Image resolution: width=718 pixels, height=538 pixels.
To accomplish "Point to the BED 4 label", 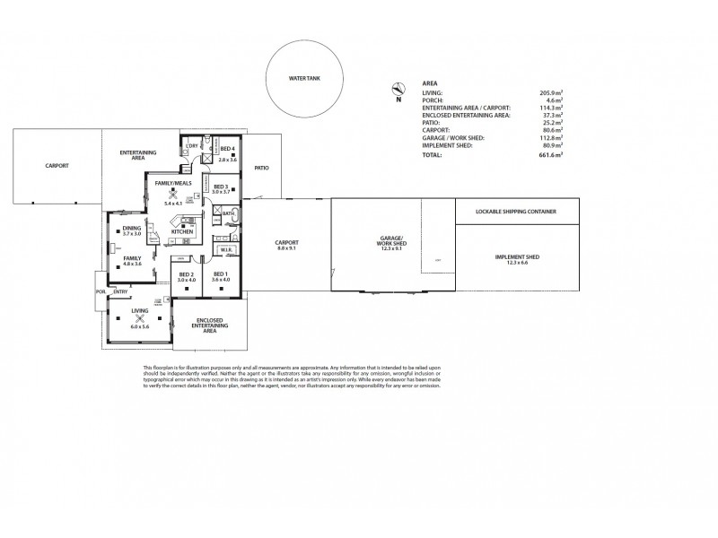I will coord(228,148).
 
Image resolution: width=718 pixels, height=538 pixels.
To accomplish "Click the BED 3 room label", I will coord(221,186).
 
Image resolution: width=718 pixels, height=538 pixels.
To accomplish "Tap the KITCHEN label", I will coord(182,231).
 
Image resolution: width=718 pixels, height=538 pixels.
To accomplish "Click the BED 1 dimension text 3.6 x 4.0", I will coord(221,280).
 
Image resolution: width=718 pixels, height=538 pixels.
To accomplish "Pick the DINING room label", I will coord(131,229).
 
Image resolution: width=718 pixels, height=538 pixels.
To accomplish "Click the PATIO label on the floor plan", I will coord(262,168).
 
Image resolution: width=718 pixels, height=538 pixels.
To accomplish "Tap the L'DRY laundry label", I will coord(191,145).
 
